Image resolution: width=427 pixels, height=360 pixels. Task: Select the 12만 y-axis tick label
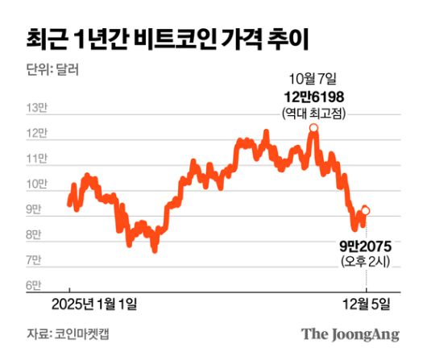click(38, 134)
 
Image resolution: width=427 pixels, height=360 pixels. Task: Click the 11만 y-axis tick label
click(38, 159)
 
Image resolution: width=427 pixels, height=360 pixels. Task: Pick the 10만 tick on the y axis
click(38, 185)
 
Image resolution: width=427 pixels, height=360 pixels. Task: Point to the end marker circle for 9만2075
click(366, 210)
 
